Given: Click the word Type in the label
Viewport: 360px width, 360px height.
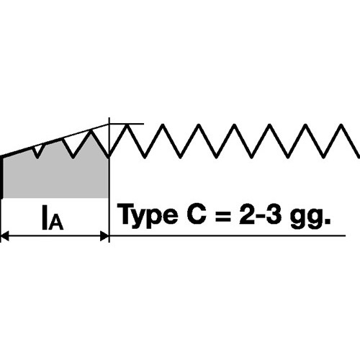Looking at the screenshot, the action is click(x=149, y=215).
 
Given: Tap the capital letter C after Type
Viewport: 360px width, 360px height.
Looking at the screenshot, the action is click(x=197, y=214).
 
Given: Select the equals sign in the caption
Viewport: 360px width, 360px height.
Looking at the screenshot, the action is click(x=222, y=214).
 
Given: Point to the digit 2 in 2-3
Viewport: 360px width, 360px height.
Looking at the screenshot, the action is click(x=247, y=213).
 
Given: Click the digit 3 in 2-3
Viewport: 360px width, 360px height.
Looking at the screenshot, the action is click(x=273, y=214).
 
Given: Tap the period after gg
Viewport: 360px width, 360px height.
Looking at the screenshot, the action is click(x=328, y=221).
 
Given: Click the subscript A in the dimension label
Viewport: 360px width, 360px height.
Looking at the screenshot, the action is click(x=56, y=222).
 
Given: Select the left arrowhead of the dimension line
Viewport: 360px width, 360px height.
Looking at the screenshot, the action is click(x=5, y=236).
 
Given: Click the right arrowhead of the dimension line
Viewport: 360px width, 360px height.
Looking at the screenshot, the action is click(x=104, y=236).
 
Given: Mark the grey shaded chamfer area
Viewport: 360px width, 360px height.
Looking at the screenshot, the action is click(x=55, y=173).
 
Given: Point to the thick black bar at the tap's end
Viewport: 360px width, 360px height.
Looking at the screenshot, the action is click(x=2, y=178).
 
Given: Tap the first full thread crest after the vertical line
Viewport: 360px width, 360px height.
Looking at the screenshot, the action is click(x=127, y=125).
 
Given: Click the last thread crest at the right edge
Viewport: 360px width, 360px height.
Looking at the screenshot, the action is click(x=341, y=125).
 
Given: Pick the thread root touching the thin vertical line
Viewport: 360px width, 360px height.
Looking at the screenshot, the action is click(x=109, y=157).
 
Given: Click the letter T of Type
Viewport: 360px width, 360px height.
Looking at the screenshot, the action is click(x=128, y=214).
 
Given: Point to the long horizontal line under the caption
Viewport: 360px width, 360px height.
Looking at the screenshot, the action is click(x=228, y=236).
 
